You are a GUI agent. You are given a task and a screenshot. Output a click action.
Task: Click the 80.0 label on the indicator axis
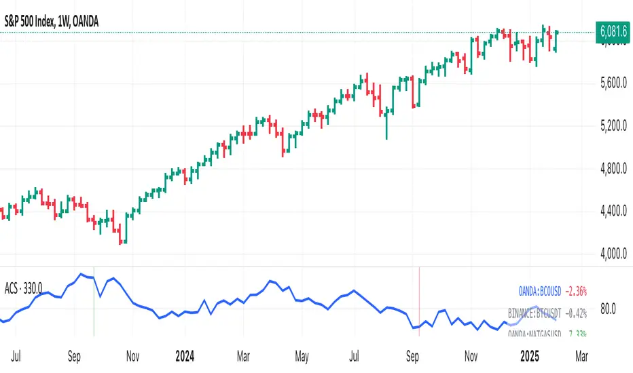click(x=609, y=309)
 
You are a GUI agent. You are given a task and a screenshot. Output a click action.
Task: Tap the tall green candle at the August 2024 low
click(x=386, y=126)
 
